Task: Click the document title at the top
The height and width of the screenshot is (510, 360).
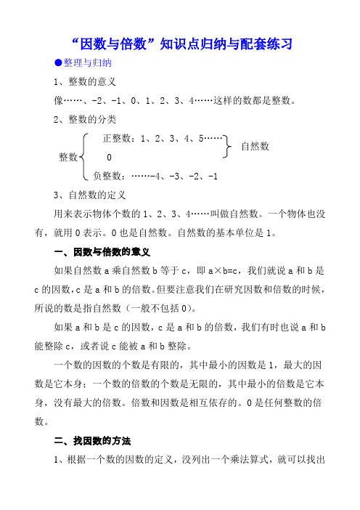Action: (180, 44)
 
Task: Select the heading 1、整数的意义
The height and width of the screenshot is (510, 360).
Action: (81, 82)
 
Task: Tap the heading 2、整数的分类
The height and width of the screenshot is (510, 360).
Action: (81, 118)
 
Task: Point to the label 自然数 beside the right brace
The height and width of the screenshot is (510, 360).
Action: (255, 146)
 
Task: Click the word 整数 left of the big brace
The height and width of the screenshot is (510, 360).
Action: (70, 157)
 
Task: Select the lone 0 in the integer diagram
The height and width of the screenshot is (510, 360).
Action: (109, 158)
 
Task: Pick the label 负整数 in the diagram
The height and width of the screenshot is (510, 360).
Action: (107, 176)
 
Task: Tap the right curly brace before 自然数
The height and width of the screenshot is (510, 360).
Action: (229, 146)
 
